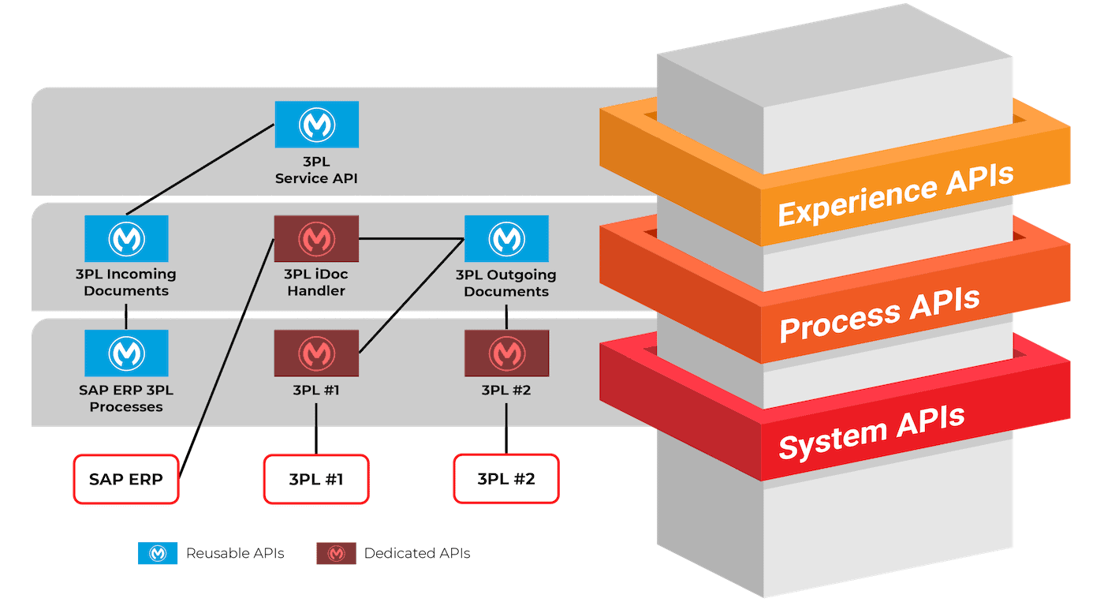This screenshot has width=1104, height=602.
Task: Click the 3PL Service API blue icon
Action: click(316, 124)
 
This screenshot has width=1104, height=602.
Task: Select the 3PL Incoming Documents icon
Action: click(126, 238)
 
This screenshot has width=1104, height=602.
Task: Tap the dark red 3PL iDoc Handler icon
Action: click(316, 238)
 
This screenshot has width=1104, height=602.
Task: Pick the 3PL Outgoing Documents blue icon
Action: click(506, 238)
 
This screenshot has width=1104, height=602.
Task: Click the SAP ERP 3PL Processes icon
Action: click(126, 353)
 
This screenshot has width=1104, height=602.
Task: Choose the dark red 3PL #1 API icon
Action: click(316, 353)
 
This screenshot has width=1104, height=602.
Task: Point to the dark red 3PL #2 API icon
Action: click(506, 353)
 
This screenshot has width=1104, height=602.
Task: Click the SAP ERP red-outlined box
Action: click(126, 479)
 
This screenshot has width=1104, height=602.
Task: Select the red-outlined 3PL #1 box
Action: click(316, 479)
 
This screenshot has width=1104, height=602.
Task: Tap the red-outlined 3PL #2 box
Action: click(506, 478)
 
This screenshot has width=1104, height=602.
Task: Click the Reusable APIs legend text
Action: click(235, 553)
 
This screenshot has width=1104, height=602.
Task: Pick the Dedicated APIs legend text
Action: click(417, 553)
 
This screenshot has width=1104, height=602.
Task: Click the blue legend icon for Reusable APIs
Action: click(158, 553)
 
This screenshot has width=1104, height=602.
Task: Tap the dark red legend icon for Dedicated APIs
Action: click(336, 553)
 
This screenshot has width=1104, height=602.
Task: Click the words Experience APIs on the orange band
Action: click(896, 194)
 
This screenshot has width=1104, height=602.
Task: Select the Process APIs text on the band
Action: click(880, 315)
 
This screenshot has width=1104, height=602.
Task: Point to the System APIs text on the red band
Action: click(872, 432)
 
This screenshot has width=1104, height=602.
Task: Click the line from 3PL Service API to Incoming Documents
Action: click(200, 169)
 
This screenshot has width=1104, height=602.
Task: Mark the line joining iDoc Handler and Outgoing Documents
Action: click(412, 238)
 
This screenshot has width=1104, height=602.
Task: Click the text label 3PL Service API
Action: click(316, 170)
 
